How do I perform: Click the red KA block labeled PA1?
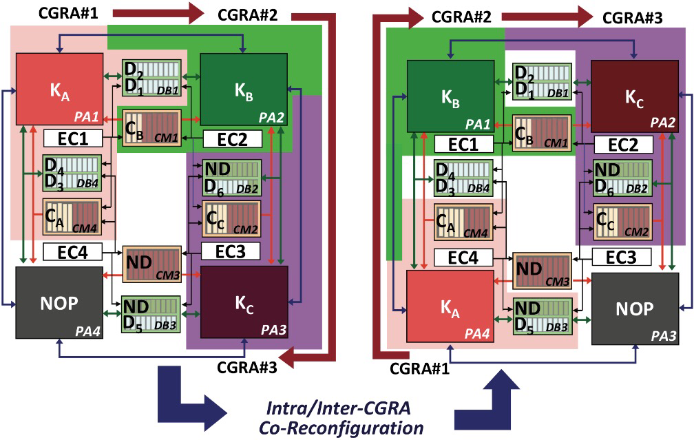pos(59,87)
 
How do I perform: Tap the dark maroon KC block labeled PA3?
pos(244,301)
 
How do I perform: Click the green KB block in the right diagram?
pos(450,95)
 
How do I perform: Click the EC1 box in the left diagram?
pos(73,138)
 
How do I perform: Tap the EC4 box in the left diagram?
pos(73,251)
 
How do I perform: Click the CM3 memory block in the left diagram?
pos(152,264)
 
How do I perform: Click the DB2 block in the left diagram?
pos(231,177)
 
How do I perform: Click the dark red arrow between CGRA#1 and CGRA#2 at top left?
pos(156,12)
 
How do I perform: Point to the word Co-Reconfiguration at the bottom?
pos(341,428)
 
